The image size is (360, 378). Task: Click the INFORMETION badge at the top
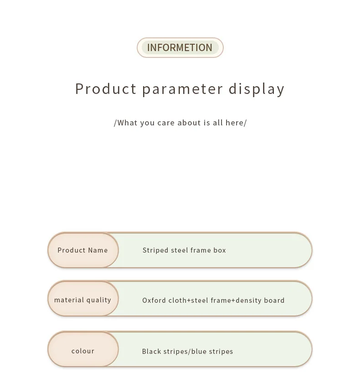coord(180,47)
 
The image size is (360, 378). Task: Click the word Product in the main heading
coord(106,88)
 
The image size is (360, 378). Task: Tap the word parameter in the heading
coord(182,89)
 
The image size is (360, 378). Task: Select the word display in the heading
coord(257,89)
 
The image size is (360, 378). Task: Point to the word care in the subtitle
coord(166,123)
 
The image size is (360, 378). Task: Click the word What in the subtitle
coord(128,123)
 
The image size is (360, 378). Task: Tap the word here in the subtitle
coord(235,123)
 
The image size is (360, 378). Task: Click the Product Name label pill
coord(83,250)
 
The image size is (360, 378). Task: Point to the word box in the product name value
coord(220,250)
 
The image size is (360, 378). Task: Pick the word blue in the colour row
coord(199,351)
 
